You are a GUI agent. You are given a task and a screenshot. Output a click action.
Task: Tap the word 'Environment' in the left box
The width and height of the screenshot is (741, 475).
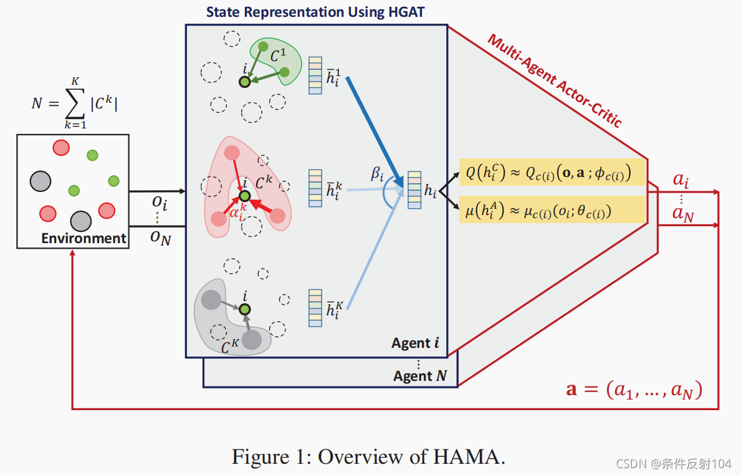click(84, 238)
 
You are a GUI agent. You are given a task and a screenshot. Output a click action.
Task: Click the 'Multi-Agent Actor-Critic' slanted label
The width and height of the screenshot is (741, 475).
click(555, 81)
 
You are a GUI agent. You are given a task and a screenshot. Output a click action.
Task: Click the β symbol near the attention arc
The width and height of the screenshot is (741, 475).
click(378, 174)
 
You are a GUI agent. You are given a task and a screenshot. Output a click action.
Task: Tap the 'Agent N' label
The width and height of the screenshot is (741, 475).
click(421, 376)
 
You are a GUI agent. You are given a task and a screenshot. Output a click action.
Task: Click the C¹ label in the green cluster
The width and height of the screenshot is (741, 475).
click(278, 57)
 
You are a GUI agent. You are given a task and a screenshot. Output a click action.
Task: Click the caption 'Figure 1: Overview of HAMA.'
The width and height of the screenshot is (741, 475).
click(368, 457)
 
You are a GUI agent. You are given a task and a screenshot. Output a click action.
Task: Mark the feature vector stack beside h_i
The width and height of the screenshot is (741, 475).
click(414, 190)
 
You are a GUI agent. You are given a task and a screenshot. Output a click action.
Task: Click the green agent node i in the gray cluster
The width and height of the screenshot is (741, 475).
click(245, 309)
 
